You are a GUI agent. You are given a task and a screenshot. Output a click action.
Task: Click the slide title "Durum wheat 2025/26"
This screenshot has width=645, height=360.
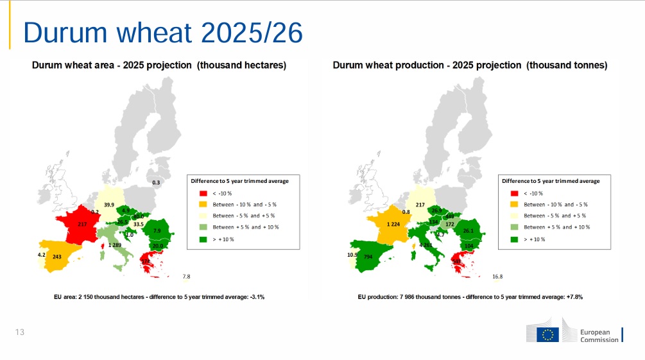click(x=163, y=32)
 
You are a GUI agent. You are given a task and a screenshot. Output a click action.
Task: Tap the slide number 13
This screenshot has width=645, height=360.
click(x=19, y=332)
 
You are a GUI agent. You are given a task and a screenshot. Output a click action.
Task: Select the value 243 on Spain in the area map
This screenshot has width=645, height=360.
click(x=57, y=257)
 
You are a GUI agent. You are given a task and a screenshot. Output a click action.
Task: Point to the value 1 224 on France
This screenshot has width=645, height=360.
click(x=393, y=224)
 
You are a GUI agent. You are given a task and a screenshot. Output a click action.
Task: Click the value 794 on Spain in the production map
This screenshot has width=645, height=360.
click(x=368, y=257)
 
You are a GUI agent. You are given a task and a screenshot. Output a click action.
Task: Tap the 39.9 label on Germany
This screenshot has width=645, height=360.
click(x=109, y=205)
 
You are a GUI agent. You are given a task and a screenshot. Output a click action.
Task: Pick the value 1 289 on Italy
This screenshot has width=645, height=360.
click(x=114, y=245)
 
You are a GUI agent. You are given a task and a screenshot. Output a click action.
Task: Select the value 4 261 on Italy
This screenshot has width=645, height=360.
click(x=426, y=245)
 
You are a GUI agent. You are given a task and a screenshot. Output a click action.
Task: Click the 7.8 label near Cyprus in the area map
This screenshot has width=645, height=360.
click(x=186, y=277)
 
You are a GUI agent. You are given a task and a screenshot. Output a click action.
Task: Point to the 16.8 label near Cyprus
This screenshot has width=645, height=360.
click(x=497, y=277)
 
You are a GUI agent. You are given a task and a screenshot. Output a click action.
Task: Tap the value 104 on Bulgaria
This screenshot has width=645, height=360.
click(x=469, y=246)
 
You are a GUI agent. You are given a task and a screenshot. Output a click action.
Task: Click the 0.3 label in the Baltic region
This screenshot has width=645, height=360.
click(x=156, y=183)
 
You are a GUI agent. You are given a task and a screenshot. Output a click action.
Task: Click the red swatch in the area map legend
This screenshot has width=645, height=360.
click(x=202, y=193)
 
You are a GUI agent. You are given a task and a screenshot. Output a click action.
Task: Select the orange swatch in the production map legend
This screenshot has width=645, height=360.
click(x=513, y=205)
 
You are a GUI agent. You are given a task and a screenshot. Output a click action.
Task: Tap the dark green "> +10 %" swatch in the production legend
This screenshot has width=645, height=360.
click(x=513, y=239)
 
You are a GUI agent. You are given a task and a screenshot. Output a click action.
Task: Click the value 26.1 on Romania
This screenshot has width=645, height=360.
click(x=469, y=231)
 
